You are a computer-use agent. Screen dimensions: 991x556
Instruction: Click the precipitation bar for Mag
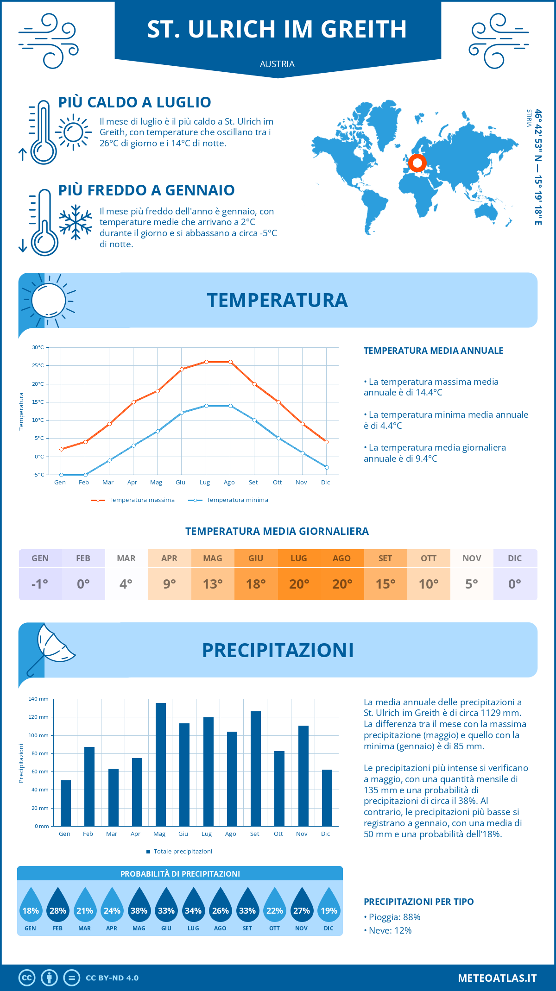coord(161,764)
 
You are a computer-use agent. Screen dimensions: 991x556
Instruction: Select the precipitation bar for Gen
coord(66,803)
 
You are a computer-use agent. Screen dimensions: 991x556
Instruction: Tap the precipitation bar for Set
coord(256,768)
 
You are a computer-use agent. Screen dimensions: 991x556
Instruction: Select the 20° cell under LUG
coord(299,584)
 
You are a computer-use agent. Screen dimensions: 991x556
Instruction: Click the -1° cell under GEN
coord(40,584)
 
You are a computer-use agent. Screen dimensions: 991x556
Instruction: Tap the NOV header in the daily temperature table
coord(472,558)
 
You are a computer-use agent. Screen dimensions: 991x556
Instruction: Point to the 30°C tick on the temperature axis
coord(38,347)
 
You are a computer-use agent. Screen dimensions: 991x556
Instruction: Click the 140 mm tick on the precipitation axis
coord(38,699)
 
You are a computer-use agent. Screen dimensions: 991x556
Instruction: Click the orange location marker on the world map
coord(417,163)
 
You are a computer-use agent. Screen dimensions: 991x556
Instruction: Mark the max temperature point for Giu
coord(182,369)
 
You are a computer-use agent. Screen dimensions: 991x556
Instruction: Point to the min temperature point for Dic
coord(327,467)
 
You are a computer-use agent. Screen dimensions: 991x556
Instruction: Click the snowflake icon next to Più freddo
coord(76,222)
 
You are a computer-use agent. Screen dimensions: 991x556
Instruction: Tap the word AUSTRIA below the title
coord(277,64)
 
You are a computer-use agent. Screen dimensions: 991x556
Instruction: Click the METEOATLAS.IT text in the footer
coord(497,978)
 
